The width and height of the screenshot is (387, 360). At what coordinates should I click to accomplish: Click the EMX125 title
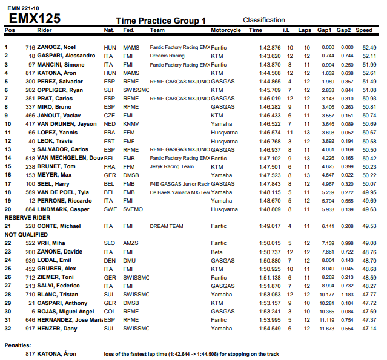click(35, 19)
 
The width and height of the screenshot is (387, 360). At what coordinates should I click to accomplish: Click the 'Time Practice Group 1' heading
click(160, 21)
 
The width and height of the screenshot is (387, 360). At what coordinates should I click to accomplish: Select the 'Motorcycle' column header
click(225, 30)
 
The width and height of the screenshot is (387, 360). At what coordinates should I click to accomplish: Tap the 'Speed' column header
click(365, 30)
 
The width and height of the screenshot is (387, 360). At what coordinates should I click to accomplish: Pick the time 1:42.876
click(270, 47)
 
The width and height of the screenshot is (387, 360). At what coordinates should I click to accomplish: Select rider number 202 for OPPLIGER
click(30, 90)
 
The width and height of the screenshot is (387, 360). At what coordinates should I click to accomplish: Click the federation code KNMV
click(131, 123)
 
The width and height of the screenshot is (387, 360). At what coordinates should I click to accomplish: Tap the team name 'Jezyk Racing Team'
click(172, 166)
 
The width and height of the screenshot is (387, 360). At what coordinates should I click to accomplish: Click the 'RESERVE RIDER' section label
click(27, 217)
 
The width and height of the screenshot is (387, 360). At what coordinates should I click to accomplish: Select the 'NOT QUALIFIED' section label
click(26, 234)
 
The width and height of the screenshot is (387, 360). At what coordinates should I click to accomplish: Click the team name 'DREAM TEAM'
click(167, 226)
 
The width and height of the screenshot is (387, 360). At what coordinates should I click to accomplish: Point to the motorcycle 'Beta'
click(216, 251)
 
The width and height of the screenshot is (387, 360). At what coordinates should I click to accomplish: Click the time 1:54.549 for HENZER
click(270, 328)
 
